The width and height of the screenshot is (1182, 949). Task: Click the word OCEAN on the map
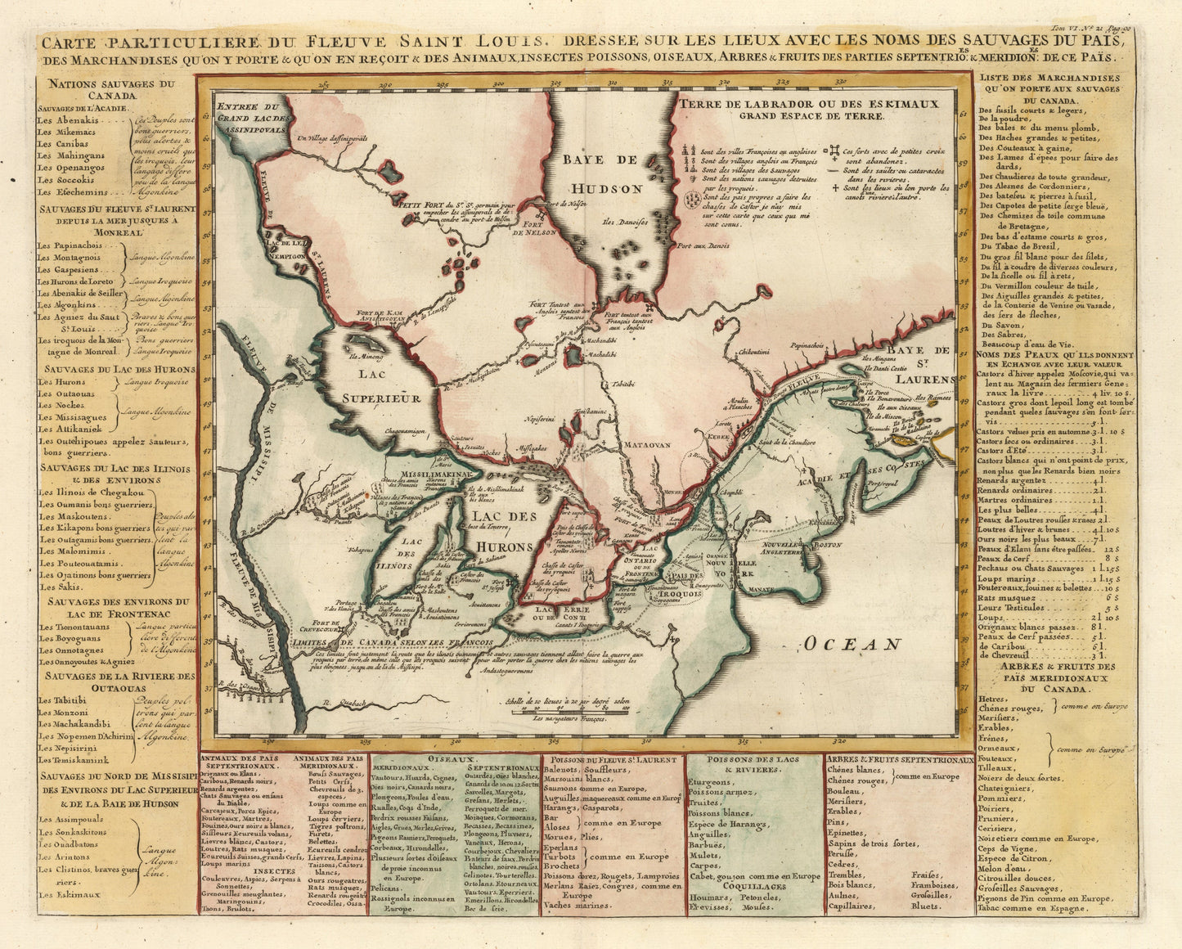(852, 645)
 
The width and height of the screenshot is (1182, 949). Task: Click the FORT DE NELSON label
(529, 227)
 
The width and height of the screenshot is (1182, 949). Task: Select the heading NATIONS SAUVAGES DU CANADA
(111, 89)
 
